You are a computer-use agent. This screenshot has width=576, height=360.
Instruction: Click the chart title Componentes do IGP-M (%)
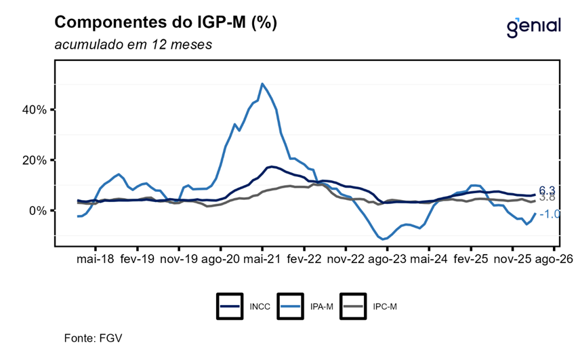[165, 22]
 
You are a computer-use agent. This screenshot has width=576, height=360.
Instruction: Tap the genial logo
[534, 26]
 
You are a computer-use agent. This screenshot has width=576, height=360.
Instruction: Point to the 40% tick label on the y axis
[33, 110]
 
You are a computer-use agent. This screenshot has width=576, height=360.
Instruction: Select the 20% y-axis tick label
[33, 160]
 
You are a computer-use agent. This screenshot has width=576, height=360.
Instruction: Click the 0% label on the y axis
[37, 210]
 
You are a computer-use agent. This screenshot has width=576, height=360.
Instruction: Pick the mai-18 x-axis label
[94, 259]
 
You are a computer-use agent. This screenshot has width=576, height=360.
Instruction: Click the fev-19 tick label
[136, 259]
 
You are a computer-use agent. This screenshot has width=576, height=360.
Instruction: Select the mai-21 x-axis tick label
[262, 259]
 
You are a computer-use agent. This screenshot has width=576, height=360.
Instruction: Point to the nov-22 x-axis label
[346, 259]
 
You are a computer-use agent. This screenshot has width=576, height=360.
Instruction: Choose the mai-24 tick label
[429, 259]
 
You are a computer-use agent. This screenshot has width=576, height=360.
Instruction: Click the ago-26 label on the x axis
[555, 259]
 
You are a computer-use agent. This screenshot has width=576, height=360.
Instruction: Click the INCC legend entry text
[260, 306]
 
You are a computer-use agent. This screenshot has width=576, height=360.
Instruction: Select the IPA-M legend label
[323, 306]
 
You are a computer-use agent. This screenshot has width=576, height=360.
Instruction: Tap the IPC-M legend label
[385, 306]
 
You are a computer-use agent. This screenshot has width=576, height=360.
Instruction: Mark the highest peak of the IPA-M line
[262, 84]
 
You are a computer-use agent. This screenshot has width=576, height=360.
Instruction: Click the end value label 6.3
[547, 191]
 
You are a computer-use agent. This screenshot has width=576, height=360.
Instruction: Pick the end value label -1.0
[548, 214]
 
